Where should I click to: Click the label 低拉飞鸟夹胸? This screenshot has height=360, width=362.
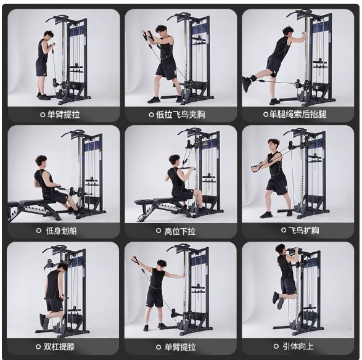tap(181, 115)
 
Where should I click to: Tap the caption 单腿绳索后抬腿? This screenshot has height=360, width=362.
tap(298, 114)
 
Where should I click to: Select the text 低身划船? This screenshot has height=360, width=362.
tap(61, 231)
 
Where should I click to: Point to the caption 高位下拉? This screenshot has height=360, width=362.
tap(180, 231)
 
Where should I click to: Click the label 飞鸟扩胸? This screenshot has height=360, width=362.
tap(303, 230)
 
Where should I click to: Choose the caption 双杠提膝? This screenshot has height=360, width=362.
tap(59, 346)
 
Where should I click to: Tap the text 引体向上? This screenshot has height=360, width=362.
tap(298, 346)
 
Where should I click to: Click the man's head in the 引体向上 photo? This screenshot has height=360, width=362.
tap(282, 250)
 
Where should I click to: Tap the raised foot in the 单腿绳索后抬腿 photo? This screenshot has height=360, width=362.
tap(246, 84)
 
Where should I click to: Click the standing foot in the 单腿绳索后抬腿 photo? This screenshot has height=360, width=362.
tap(274, 101)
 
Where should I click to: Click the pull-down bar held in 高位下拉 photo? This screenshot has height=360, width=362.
tap(188, 168)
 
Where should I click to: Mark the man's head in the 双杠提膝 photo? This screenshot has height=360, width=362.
tap(62, 268)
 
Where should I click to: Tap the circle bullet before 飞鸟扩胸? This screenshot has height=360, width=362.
tap(284, 230)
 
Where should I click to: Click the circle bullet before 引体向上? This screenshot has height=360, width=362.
tap(276, 346)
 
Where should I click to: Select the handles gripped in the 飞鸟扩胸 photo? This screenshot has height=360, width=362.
tap(256, 167)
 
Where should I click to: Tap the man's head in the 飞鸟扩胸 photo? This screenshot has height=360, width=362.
tap(274, 145)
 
